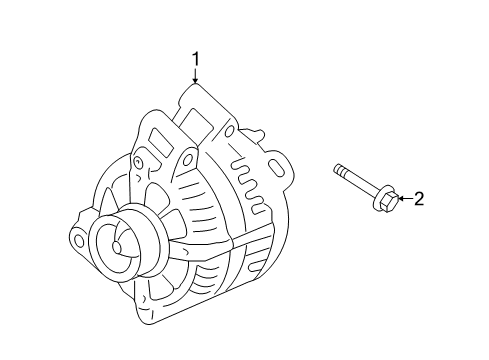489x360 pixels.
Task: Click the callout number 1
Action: point(196,59)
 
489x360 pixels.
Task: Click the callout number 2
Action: point(420,199)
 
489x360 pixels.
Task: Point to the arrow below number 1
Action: point(196,77)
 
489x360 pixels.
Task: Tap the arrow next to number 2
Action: point(402,199)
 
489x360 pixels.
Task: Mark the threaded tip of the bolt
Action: point(339,171)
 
